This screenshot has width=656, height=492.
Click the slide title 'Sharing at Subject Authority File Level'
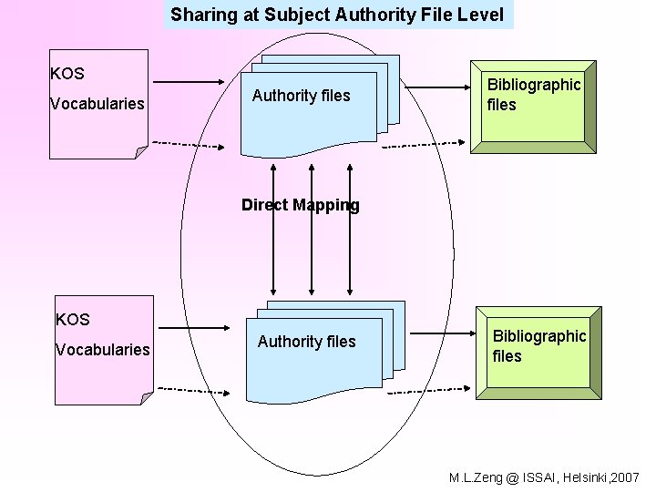(337, 15)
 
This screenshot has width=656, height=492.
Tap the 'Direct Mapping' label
(300, 205)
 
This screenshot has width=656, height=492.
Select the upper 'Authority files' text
(301, 96)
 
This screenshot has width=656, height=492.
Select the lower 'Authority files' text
(306, 342)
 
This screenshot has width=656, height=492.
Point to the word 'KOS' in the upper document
(67, 74)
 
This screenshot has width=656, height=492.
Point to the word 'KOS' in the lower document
(73, 320)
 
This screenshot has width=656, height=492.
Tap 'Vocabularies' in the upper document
(97, 104)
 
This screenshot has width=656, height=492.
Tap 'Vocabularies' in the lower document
(103, 350)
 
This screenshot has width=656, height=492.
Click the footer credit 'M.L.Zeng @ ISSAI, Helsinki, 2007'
(545, 478)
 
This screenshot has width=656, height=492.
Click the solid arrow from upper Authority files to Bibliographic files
(435, 88)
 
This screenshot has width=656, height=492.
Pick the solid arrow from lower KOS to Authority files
(200, 328)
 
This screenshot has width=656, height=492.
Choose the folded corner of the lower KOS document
(147, 397)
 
